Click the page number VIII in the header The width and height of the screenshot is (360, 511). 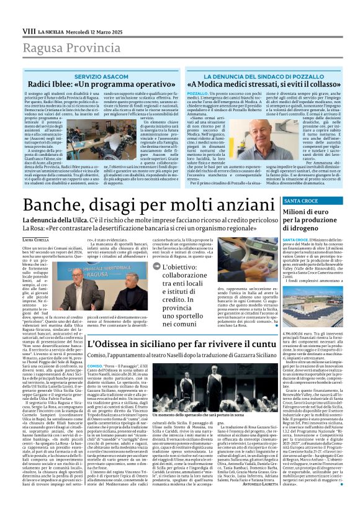[x=29, y=13]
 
